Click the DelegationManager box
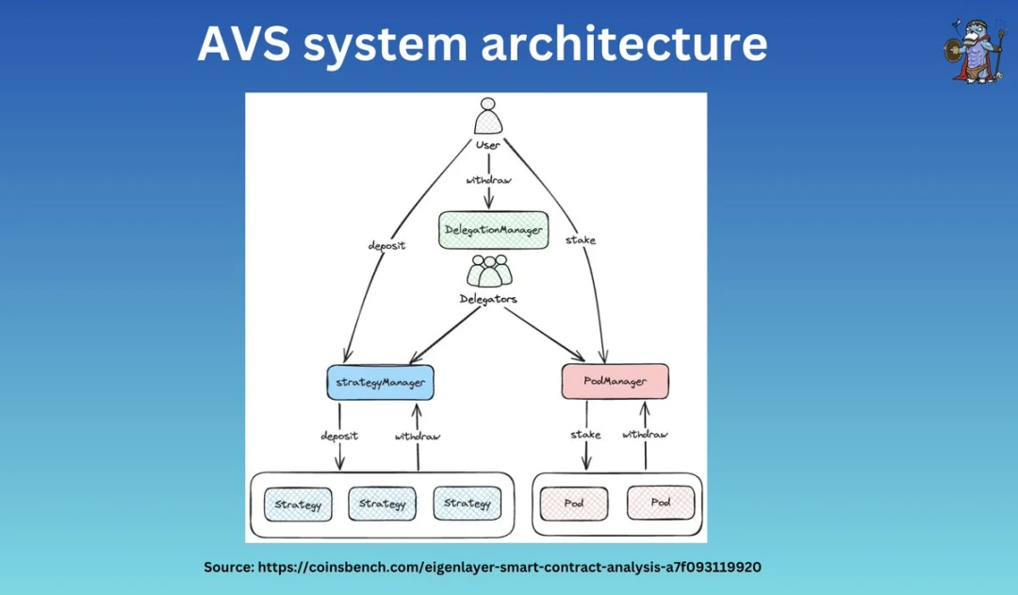(x=493, y=230)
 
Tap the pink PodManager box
(x=616, y=382)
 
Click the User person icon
(x=488, y=117)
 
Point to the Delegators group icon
(x=488, y=272)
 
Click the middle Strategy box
(x=382, y=504)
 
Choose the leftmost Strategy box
(x=298, y=504)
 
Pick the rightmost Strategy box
(x=468, y=504)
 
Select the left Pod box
(x=574, y=504)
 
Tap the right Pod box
(x=661, y=504)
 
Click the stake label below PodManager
(x=586, y=435)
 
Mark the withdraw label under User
(x=488, y=179)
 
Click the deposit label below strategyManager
(x=340, y=436)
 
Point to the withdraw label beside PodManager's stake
(x=645, y=435)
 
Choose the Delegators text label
(x=488, y=299)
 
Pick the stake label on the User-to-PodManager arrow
(x=581, y=240)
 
